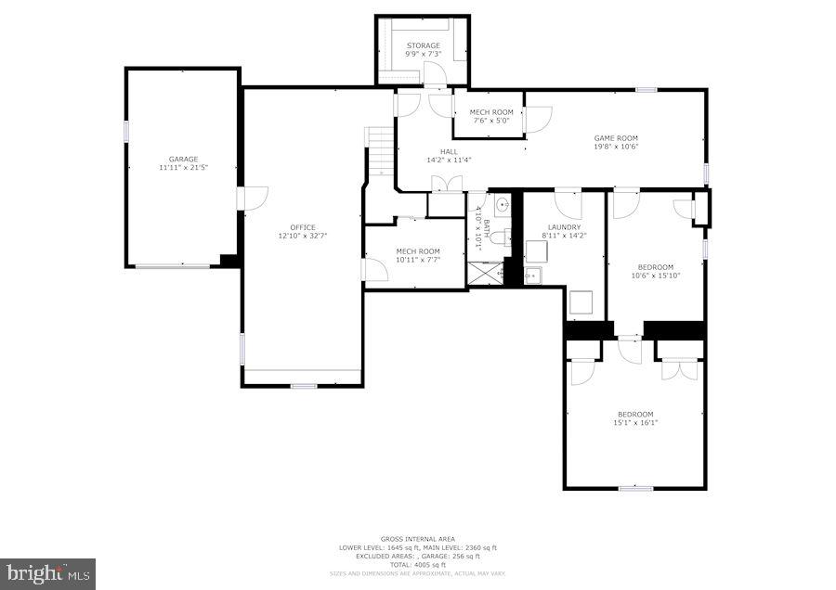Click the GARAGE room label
[183, 160]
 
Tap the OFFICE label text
[303, 228]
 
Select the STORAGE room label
[423, 45]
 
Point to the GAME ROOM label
[616, 138]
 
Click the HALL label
[449, 152]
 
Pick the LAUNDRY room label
[564, 227]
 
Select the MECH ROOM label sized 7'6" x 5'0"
[492, 112]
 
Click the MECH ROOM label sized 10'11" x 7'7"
[417, 251]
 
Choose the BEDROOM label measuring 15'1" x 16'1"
[635, 414]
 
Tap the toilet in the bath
[500, 238]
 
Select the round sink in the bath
[502, 205]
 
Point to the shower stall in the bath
[484, 272]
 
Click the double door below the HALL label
[449, 184]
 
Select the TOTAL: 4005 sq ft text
[417, 564]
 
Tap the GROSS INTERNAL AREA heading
[417, 539]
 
